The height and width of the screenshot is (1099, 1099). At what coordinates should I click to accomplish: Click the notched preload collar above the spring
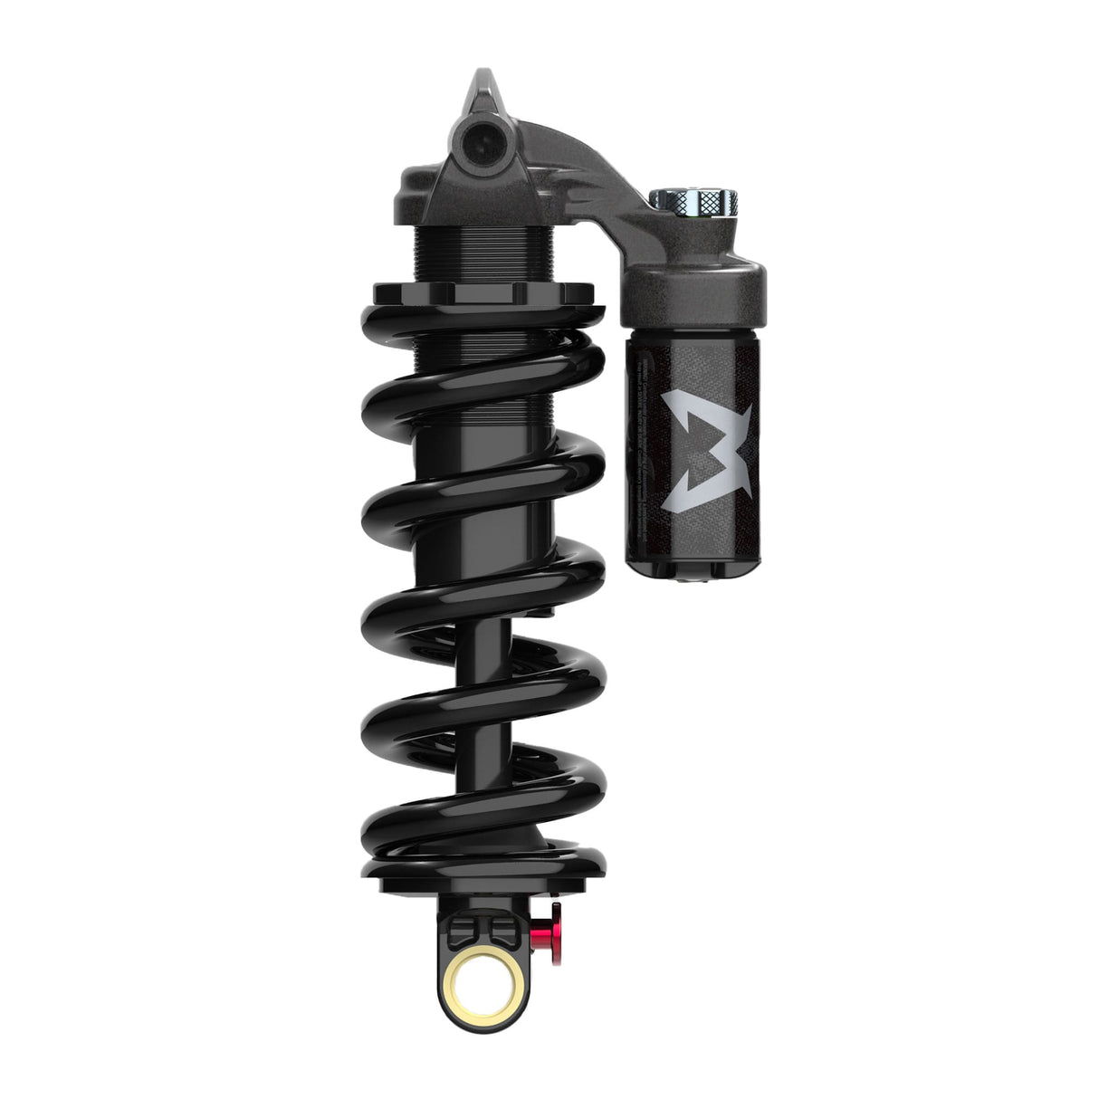(x=484, y=294)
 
